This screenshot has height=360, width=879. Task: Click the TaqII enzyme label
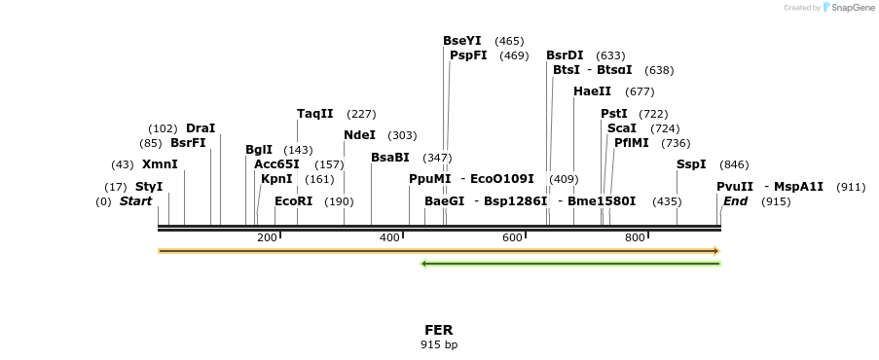point(315,114)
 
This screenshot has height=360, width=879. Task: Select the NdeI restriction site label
point(360,135)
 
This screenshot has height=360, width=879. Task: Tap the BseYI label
point(462,41)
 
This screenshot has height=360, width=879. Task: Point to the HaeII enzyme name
point(592,91)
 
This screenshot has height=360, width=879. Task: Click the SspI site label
point(691,164)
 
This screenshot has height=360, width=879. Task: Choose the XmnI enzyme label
point(160,164)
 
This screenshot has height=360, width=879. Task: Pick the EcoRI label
point(294,201)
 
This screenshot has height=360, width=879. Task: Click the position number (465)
point(509,41)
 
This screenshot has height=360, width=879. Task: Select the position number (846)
point(734,164)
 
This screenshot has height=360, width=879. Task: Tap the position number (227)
point(361,114)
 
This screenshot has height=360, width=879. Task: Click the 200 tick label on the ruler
point(267,238)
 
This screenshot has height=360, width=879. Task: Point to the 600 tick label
point(512,238)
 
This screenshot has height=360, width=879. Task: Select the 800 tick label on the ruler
point(635,238)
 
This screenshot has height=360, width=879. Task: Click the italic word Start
point(136,201)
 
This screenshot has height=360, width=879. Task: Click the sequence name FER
point(439,331)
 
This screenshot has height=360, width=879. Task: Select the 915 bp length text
point(439,344)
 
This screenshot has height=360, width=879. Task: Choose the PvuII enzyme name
point(735,187)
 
